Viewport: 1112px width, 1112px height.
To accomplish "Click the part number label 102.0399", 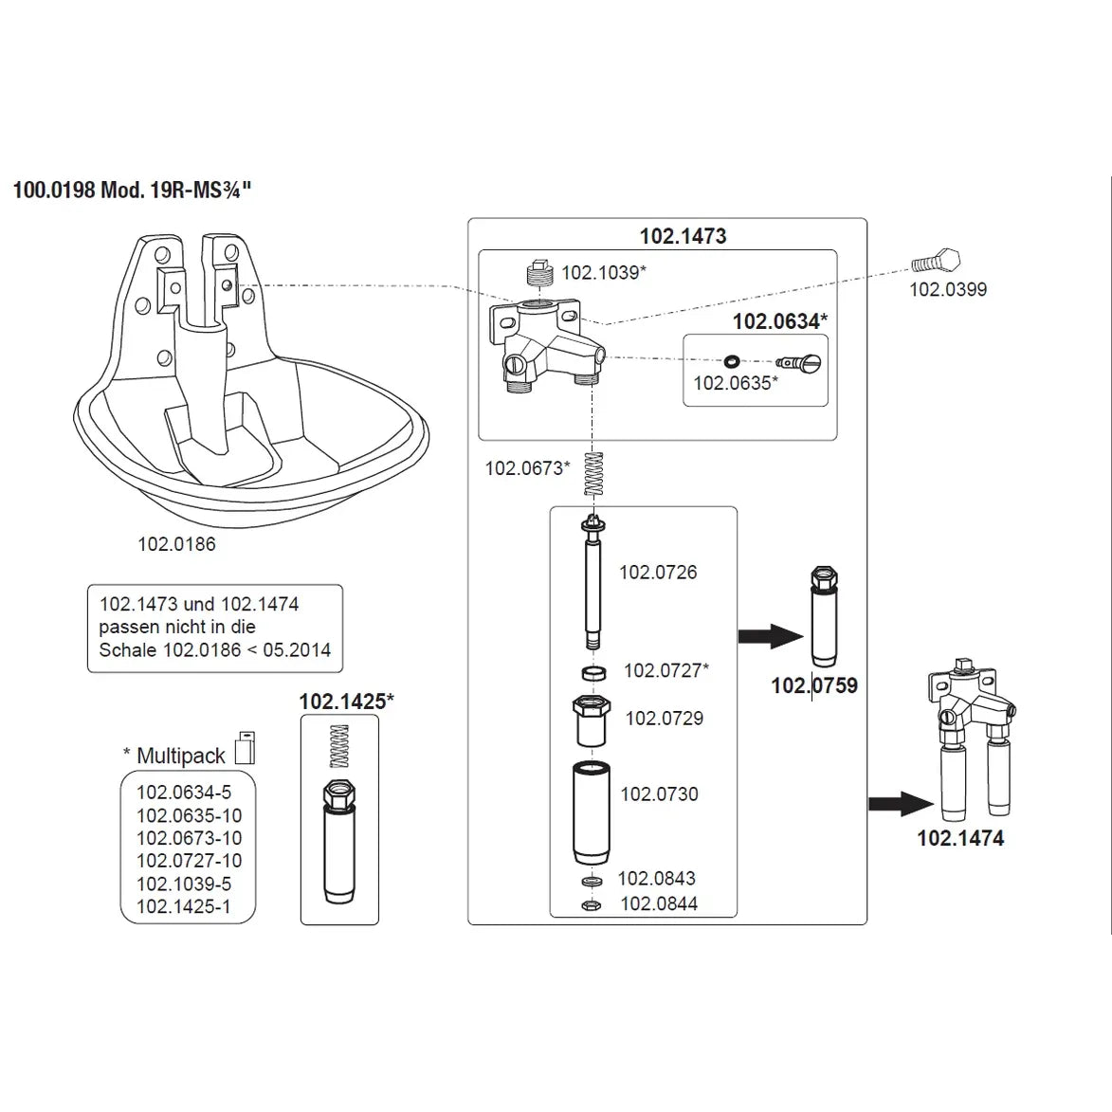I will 948,289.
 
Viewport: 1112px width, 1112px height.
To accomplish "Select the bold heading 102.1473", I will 683,236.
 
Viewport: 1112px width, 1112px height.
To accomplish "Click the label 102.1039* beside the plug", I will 604,272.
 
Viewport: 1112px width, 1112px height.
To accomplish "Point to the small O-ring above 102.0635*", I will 731,360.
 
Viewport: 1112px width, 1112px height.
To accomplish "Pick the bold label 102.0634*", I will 779,321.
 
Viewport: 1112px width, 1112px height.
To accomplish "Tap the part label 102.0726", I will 658,572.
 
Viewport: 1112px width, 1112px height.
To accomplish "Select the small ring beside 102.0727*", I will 593,672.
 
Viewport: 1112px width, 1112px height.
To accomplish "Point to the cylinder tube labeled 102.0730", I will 592,812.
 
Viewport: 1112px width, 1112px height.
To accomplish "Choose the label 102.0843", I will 657,879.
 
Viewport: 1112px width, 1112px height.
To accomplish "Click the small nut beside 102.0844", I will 590,905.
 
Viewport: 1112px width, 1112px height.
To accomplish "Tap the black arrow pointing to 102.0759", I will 771,635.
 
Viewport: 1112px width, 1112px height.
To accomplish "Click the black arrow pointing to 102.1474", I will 902,804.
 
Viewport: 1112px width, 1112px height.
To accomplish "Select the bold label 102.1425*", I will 346,702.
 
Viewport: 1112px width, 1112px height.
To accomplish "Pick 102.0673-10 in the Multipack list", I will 189,838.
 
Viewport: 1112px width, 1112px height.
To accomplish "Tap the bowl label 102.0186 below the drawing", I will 176,544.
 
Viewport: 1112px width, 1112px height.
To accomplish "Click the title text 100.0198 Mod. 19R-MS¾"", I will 133,190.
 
